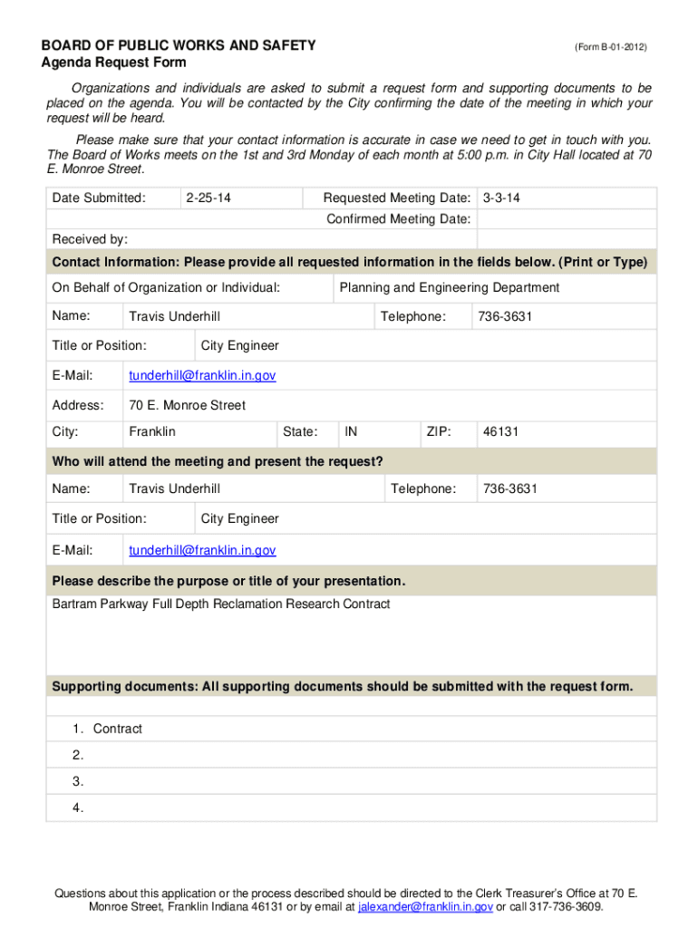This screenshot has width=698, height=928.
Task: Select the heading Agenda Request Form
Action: pos(113,63)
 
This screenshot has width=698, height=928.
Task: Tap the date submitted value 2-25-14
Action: pos(208,198)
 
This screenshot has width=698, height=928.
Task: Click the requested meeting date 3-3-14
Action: pos(501,198)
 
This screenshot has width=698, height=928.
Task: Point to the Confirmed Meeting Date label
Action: pos(399,218)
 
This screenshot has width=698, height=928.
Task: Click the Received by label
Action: pos(90,239)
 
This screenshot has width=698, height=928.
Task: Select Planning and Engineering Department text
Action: pos(449,287)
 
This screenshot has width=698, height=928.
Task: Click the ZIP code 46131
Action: pos(500,431)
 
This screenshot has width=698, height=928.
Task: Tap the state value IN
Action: pos(351,431)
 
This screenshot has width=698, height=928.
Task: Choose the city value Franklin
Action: pos(152,431)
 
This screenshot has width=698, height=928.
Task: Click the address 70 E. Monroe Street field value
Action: pos(187,405)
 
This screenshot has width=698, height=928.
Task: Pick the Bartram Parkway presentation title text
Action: pos(221,604)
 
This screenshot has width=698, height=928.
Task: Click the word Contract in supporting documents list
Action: pos(118,729)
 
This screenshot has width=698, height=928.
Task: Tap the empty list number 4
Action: pos(78,807)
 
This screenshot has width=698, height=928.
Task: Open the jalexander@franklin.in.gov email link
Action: pos(425,906)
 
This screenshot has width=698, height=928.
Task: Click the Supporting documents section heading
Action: pos(343,686)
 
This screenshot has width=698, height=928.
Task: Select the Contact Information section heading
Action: pos(350,262)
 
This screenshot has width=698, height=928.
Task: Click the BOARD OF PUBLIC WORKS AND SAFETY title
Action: pos(179,45)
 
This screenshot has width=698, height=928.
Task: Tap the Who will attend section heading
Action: pos(218,461)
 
